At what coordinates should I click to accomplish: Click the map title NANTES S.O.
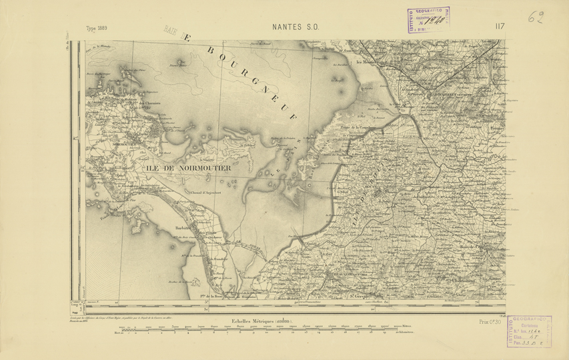[296, 27]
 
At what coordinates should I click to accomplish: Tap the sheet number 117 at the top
[500, 27]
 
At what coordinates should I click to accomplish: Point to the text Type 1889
[97, 28]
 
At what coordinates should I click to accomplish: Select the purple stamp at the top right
[429, 20]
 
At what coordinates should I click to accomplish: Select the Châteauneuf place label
[466, 282]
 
